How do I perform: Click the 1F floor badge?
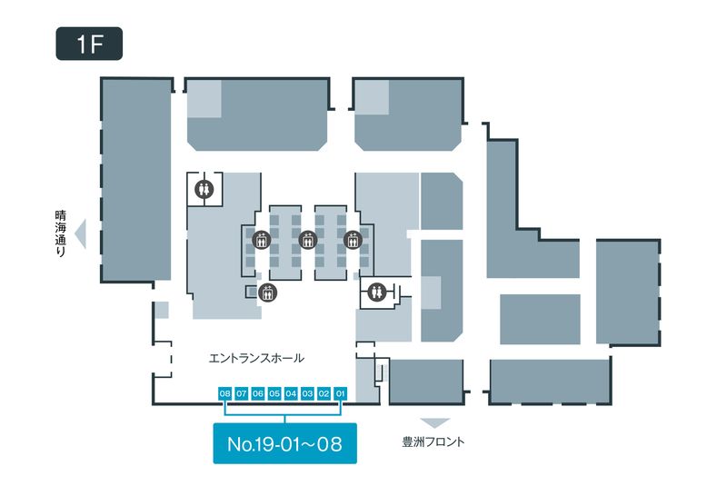tap(89, 45)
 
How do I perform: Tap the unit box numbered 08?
tap(225, 393)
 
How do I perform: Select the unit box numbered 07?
tap(242, 393)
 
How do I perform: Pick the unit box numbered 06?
tap(258, 393)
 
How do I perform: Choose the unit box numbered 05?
tap(274, 393)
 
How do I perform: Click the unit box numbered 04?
tap(291, 393)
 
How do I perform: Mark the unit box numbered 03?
tap(307, 393)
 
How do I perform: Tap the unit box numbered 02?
tap(324, 393)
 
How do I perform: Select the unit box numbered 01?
tap(341, 393)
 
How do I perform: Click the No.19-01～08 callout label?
tap(284, 444)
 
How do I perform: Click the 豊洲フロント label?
tap(433, 442)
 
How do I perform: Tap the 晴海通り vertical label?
tap(61, 235)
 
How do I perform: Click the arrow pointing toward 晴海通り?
tap(80, 234)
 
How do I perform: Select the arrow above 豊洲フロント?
tap(435, 423)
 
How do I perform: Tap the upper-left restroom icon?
tap(204, 189)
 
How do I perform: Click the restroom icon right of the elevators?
tap(378, 292)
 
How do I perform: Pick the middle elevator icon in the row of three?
tap(307, 241)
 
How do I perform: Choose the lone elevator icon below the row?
tap(266, 293)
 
